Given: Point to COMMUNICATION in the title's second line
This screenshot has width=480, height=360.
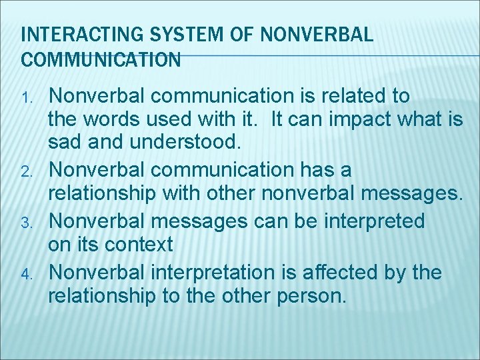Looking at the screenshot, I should tap(101, 60).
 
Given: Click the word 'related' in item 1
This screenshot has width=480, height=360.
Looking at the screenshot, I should tap(346, 96).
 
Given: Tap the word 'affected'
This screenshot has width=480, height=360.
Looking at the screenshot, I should tap(353, 272).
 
